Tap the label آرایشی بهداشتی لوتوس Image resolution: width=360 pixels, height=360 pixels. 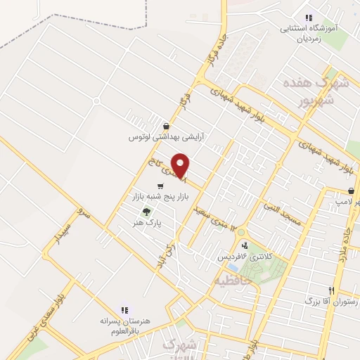pos(165,137)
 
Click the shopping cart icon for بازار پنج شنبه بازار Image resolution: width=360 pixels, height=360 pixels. pos(161,186)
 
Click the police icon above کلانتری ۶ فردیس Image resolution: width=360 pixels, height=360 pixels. pos(245,245)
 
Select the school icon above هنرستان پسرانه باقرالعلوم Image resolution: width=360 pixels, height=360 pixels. pos(125,309)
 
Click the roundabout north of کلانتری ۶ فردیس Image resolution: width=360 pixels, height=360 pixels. pos(241,232)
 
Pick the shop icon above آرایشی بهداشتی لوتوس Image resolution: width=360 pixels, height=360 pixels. pos(165,126)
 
